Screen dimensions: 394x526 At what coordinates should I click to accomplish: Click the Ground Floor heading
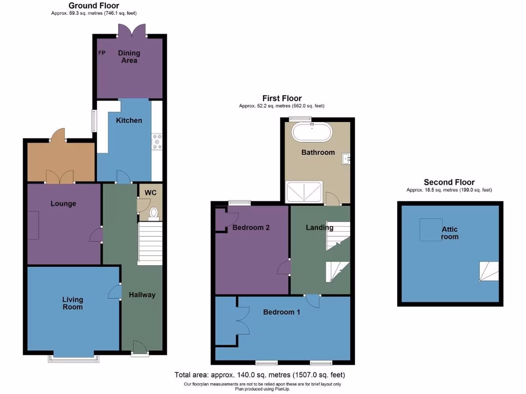[94, 6]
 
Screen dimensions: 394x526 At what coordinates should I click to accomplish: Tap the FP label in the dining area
[102, 53]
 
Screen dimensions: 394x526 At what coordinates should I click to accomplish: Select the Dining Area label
[129, 56]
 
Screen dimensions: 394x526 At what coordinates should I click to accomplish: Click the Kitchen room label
[129, 121]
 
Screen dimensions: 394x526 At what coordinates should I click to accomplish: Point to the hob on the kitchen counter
[157, 142]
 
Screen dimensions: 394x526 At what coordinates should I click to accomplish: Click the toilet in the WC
[154, 212]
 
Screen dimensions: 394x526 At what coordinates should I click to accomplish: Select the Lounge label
[63, 204]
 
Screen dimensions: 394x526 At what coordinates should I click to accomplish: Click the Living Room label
[72, 303]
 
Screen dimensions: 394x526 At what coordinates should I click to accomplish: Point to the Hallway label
[142, 294]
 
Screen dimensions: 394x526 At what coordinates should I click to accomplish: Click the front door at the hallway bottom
[138, 349]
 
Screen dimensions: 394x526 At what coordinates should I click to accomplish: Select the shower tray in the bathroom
[305, 192]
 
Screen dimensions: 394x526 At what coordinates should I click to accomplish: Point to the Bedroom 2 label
[251, 228]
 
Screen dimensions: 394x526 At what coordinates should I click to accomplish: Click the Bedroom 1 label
[282, 312]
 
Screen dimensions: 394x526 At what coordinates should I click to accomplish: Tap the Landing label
[320, 228]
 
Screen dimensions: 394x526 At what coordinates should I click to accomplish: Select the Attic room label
[449, 233]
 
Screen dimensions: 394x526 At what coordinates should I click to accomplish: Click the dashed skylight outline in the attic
[430, 230]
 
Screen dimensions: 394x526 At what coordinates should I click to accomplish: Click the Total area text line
[259, 375]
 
